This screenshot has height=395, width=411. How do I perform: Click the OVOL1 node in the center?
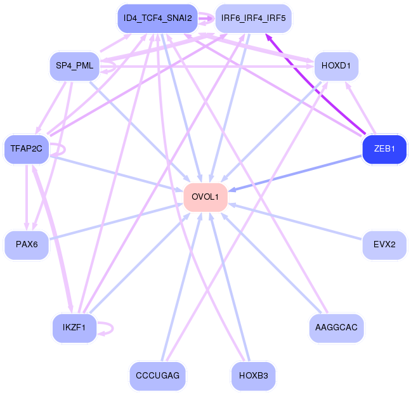tap(205, 197)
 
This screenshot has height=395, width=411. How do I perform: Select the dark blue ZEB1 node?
tap(384, 149)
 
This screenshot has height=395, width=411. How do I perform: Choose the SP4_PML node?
tap(75, 66)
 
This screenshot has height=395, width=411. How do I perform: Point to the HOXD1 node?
tap(336, 66)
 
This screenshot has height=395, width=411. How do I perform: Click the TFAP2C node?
tap(26, 149)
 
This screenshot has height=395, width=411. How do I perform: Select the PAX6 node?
tap(26, 244)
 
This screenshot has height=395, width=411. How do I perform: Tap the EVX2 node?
tap(384, 244)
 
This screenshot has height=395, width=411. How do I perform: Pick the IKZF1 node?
tap(75, 328)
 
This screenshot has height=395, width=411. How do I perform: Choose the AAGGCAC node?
tap(336, 328)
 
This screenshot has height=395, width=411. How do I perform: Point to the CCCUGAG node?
tap(158, 376)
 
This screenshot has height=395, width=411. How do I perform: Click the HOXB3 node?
tap(253, 376)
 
